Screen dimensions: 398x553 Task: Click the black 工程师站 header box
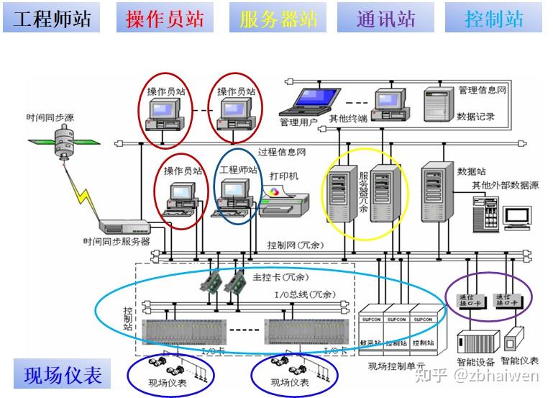pos(52,18)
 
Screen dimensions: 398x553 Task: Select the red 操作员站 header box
pos(165,18)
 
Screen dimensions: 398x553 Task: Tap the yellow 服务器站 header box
pos(278,18)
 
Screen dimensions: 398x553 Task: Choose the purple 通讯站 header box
pos(386,18)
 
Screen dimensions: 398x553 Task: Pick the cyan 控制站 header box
pos(493,18)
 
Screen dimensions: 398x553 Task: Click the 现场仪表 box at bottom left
pos(63,375)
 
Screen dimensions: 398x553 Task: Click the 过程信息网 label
pos(282,152)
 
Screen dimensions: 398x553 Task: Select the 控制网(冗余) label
pos(295,245)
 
